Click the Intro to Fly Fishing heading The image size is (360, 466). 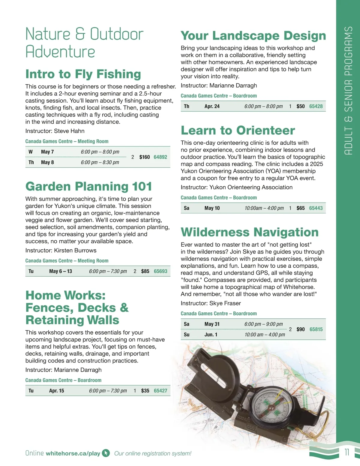83,74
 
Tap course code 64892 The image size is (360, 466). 160,157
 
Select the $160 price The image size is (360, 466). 145,157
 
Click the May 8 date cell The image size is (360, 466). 47,162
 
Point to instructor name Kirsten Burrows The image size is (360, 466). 75,250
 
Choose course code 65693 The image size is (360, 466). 160,271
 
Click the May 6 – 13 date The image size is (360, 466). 61,271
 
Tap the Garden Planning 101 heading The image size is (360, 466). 88,186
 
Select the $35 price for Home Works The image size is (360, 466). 145,391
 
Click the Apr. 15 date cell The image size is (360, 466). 56,391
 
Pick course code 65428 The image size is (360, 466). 316,106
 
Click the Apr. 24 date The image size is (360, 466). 212,106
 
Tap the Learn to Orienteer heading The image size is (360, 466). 238,130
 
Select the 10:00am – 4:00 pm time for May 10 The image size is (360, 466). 264,208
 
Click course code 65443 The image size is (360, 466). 316,208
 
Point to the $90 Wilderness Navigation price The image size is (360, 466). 301,329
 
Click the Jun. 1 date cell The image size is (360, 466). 211,335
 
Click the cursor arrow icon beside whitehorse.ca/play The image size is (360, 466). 106,453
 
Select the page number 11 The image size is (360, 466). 347,452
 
